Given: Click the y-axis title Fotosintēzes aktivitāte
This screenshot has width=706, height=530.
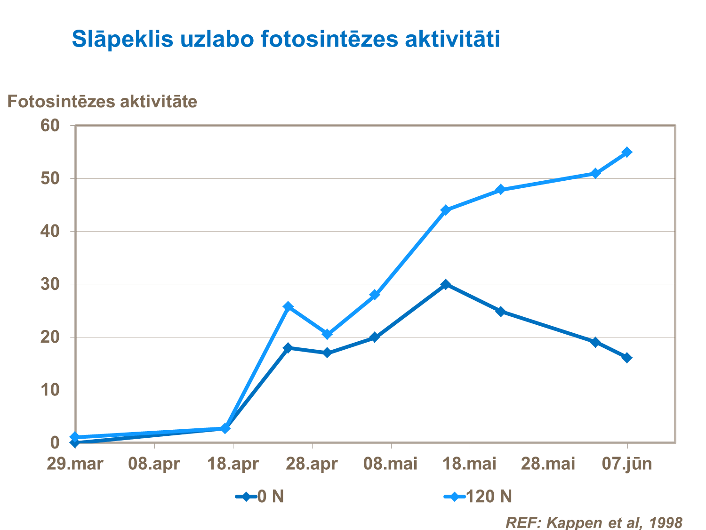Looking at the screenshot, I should (102, 101).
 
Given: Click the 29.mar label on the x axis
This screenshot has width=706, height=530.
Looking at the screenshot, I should (75, 464).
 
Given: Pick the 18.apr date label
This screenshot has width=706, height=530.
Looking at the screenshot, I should (233, 464).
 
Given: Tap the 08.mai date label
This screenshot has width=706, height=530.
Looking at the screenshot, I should (390, 464).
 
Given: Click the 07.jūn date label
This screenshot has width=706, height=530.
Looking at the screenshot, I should (627, 464).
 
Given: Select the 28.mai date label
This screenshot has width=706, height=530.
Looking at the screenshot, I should (548, 464).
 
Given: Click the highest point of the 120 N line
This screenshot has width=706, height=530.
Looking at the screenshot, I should (626, 152).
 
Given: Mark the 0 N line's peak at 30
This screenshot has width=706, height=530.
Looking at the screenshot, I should (446, 284).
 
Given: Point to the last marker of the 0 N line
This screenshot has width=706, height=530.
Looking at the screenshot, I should (626, 358).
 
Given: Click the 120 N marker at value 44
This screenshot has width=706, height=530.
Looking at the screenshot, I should (446, 210).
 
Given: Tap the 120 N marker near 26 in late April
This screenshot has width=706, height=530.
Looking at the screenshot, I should (288, 306).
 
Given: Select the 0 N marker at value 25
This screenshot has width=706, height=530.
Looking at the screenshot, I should (500, 311).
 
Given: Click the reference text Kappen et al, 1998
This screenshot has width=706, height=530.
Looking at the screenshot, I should (594, 522).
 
